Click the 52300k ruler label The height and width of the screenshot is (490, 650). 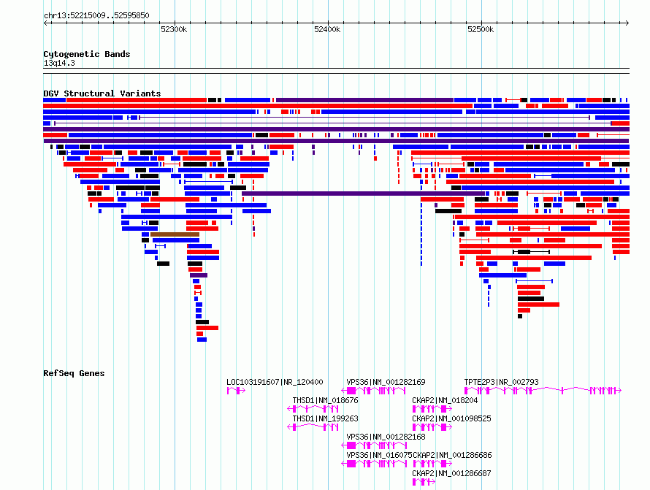(174, 29)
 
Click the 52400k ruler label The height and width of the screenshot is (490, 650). (327, 29)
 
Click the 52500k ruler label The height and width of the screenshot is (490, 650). (481, 29)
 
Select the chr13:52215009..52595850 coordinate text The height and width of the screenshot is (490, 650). (96, 15)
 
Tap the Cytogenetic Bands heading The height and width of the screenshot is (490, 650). (87, 54)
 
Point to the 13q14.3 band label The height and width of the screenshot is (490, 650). (59, 63)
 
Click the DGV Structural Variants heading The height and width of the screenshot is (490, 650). (102, 93)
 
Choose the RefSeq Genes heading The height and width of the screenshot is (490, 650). (74, 373)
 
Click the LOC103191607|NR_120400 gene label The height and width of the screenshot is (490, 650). (275, 382)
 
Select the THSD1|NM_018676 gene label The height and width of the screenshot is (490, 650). (326, 400)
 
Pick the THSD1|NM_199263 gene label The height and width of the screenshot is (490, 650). (326, 418)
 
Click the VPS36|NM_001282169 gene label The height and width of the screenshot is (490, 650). (386, 382)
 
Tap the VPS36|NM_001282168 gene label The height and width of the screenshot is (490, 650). (386, 437)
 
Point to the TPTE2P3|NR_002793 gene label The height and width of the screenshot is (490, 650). (501, 382)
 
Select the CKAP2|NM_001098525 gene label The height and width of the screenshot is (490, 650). (451, 418)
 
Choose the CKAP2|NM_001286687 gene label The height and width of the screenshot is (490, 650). (451, 473)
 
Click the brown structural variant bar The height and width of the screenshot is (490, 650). (175, 234)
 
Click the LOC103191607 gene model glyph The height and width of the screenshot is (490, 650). (236, 391)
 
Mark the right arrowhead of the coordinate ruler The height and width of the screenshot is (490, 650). (628, 23)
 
